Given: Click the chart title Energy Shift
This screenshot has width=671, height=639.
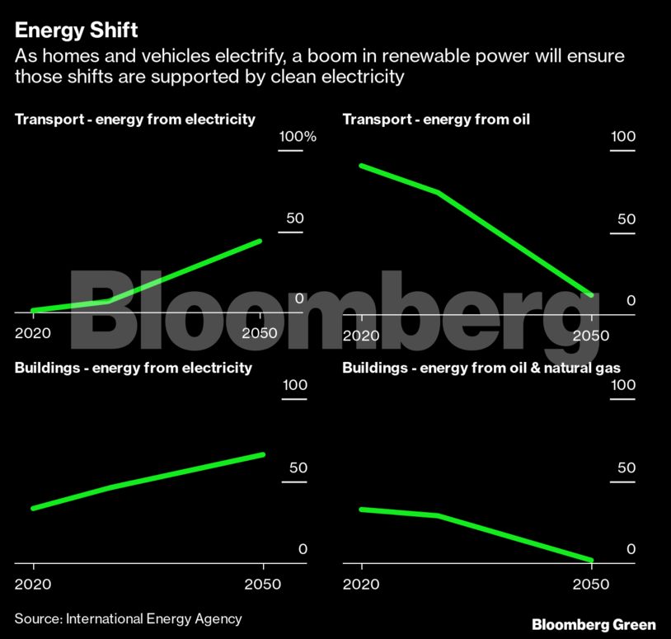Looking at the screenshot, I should coord(76,31).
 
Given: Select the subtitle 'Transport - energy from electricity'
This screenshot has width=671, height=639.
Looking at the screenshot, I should coord(135,120).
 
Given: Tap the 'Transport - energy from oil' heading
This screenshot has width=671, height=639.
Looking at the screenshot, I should coord(436,120).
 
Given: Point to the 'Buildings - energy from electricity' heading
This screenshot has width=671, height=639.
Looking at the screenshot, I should coord(134,368).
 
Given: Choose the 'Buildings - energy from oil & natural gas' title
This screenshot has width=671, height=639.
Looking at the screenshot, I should coord(481,368).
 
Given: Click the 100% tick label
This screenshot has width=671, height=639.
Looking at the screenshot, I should coord(297,137).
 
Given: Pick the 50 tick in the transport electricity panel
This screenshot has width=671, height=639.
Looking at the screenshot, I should coord(295,219).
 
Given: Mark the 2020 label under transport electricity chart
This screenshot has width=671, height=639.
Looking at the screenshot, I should coord(32,335).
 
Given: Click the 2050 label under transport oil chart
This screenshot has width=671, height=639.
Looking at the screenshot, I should coord(591,336).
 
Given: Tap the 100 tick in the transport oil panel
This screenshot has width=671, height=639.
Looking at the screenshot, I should coord(622,137).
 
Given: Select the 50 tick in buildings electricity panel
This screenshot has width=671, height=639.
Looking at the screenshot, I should coord(298,468).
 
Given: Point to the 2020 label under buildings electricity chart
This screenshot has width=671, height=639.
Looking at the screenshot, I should coord(33,584).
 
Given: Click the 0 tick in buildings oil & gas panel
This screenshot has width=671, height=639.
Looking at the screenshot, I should coord(631,549).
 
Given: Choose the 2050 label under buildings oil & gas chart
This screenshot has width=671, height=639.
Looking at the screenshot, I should coord(591,584).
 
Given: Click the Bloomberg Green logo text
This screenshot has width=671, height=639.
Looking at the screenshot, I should coord(594,624).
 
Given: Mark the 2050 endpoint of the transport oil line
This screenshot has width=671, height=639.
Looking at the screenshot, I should coord(591,294).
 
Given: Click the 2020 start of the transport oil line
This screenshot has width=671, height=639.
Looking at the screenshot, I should coord(361,166).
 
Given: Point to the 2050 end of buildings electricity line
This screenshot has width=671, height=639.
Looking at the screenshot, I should coord(263,454).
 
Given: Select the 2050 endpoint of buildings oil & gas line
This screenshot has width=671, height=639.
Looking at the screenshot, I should coord(591,561).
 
